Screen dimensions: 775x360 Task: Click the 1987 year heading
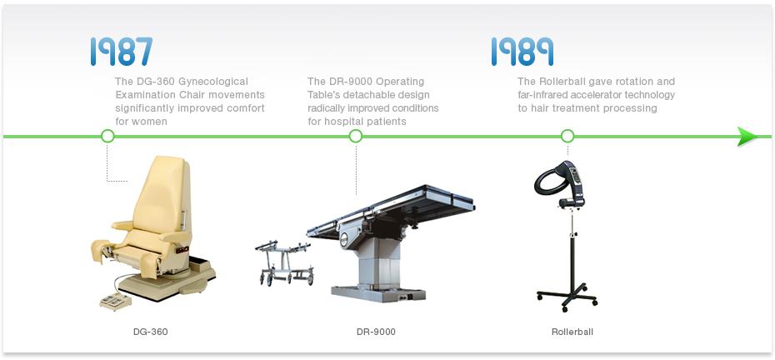point(122,52)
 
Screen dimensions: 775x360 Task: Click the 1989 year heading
point(522,52)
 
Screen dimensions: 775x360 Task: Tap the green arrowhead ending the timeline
point(747,137)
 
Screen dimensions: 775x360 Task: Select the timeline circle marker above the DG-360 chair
point(107,136)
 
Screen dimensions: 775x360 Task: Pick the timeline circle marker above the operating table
point(355,136)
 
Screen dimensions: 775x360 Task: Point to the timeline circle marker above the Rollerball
point(567,136)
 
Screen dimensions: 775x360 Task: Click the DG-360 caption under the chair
point(150,332)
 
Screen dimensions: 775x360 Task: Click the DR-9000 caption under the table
point(376,332)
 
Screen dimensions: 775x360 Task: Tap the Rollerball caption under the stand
point(572,332)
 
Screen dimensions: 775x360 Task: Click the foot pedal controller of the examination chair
point(116,301)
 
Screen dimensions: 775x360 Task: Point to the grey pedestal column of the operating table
point(378,262)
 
